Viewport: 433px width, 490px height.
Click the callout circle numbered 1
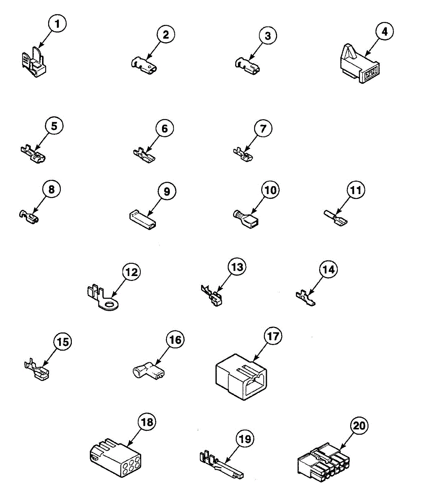(x=57, y=24)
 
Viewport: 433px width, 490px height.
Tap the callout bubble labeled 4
(x=384, y=31)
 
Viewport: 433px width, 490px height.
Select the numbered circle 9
(x=167, y=191)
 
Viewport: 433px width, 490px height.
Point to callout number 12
(x=131, y=272)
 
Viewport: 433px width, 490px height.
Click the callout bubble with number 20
(x=359, y=426)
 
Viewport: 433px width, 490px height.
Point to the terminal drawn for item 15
(x=37, y=370)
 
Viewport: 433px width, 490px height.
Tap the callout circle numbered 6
(x=164, y=129)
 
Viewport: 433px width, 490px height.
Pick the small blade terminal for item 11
(x=336, y=219)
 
